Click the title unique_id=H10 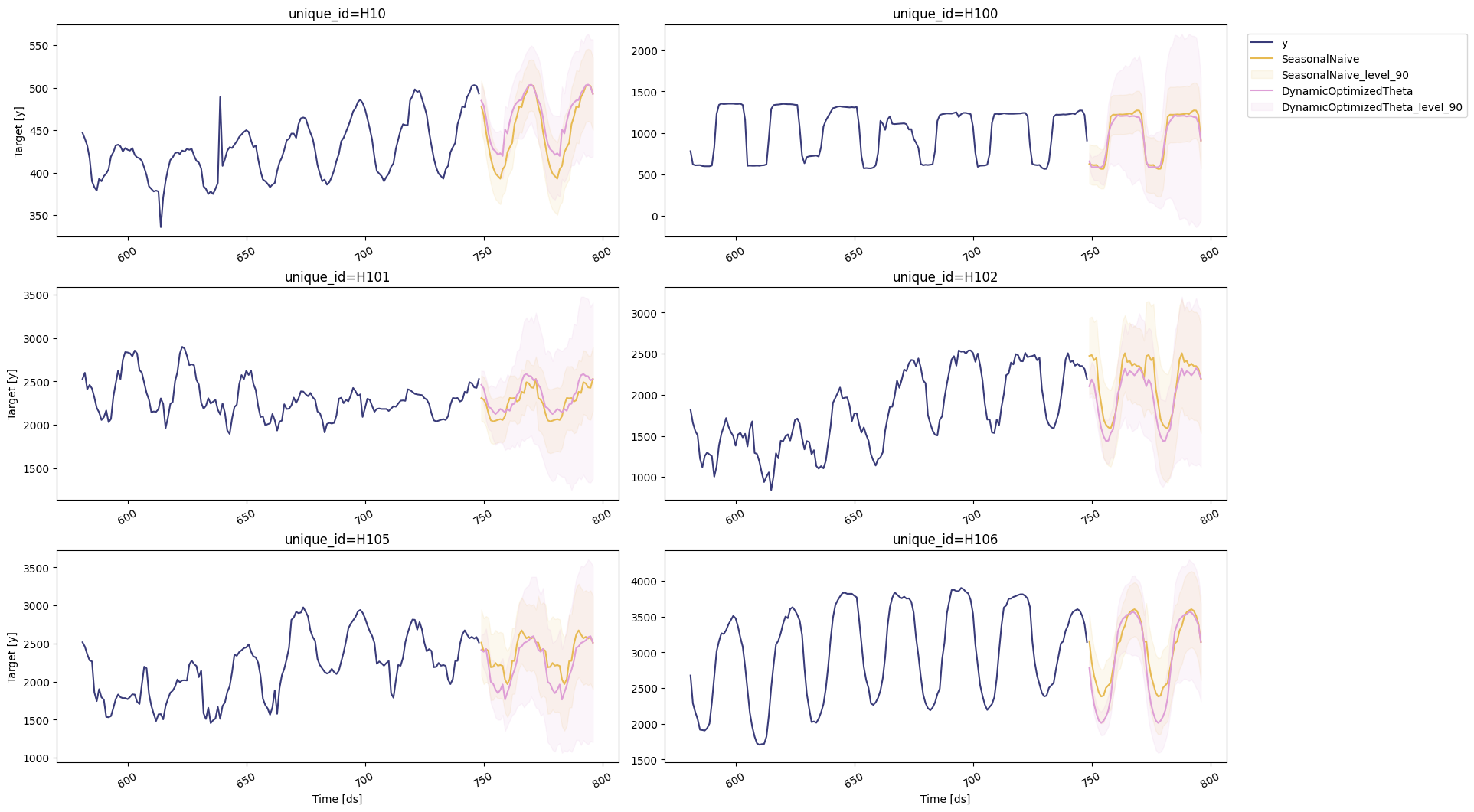[337, 14]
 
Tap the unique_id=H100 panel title [945, 14]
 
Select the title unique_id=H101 [337, 277]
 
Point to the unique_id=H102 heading [945, 277]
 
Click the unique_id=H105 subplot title [337, 540]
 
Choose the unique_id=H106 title [945, 540]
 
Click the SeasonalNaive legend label [1320, 59]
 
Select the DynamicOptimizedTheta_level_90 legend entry [1371, 107]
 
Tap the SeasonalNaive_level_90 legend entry [1345, 75]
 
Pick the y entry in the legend [1285, 43]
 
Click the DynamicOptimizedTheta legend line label [1347, 91]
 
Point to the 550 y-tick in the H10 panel [38, 46]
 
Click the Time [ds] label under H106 [945, 799]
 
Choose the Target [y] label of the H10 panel [18, 131]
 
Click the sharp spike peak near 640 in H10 [220, 97]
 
